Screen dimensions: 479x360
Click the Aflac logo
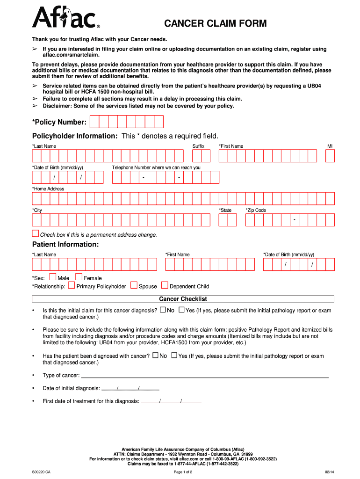point(65,18)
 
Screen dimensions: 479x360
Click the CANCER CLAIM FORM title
point(215,23)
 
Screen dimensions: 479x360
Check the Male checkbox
point(52,277)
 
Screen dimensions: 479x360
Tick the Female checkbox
point(79,277)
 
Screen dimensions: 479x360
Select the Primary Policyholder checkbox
point(72,285)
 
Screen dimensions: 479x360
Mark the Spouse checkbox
point(134,285)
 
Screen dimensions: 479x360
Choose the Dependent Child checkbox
point(165,285)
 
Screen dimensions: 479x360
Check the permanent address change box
point(36,233)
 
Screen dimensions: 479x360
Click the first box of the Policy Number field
point(94,122)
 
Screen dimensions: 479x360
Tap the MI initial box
point(330,156)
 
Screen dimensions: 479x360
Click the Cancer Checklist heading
point(183,299)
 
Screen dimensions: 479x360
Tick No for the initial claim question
point(163,310)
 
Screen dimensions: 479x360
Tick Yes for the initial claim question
point(181,310)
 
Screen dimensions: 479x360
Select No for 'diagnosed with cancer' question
point(155,356)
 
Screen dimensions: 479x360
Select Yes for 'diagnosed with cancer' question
point(174,356)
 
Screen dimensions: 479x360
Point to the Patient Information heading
point(65,245)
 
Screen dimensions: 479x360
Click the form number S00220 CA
point(41,472)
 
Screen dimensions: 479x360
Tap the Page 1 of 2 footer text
point(183,472)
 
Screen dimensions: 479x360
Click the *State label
point(225,210)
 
